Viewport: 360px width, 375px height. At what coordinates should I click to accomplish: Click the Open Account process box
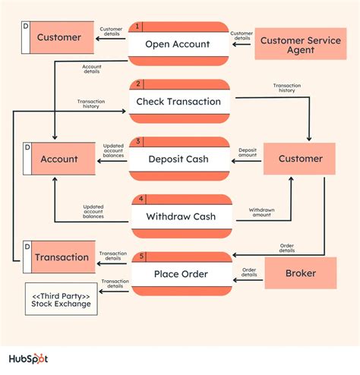[178, 44]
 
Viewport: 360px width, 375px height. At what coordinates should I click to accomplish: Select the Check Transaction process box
[178, 102]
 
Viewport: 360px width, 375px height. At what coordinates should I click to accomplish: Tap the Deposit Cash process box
[178, 159]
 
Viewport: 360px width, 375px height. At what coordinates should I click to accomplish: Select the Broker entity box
[300, 273]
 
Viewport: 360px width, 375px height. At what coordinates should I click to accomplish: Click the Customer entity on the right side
[300, 159]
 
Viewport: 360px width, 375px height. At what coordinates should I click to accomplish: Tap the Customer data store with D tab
[58, 38]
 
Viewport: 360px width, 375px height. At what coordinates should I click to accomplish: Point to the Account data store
[58, 159]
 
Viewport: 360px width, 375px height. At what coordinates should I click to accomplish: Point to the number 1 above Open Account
[137, 27]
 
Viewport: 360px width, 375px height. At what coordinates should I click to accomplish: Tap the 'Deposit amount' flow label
[247, 152]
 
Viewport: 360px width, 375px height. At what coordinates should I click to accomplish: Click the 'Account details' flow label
[92, 70]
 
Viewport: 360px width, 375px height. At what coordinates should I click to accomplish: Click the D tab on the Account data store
[27, 146]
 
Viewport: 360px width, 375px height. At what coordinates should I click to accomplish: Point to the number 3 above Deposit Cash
[137, 141]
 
